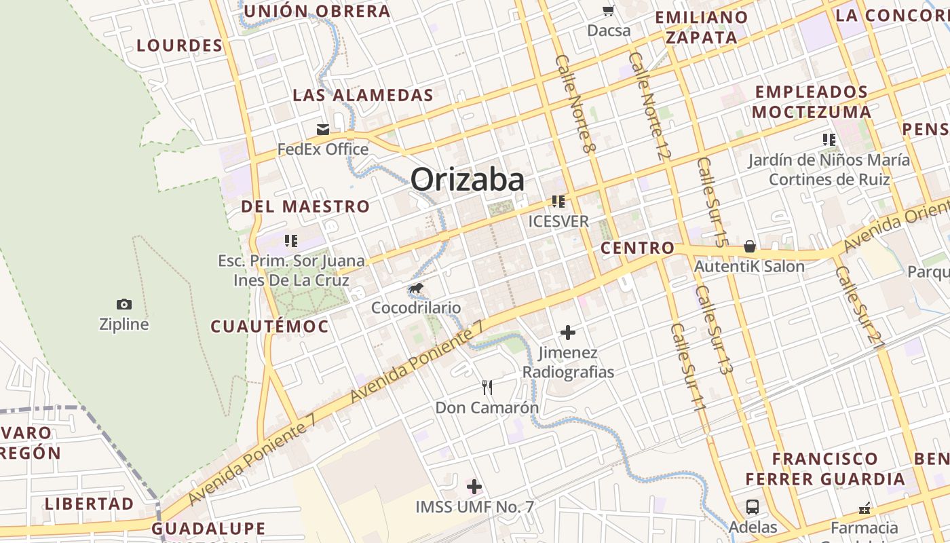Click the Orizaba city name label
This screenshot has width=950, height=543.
467,180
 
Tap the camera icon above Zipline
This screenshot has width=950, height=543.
124,304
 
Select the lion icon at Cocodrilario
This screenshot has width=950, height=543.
416,289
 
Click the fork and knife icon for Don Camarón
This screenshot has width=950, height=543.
487,388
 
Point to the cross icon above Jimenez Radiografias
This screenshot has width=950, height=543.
568,333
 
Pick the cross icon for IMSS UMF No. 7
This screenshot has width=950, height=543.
474,487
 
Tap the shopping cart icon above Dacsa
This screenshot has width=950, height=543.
609,10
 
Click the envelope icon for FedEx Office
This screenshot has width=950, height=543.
323,129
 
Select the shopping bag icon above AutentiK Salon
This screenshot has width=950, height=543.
749,246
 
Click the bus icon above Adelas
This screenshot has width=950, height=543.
753,506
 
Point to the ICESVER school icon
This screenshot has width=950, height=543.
558,202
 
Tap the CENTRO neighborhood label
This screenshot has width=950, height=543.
637,248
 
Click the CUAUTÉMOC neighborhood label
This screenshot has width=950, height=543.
269,326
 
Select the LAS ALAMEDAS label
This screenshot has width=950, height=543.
362,95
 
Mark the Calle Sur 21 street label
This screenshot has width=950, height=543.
860,307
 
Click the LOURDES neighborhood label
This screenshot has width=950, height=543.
179,45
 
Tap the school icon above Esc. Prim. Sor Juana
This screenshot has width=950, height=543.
291,240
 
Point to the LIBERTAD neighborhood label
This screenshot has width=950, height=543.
90,504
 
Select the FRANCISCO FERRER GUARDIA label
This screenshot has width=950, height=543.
825,469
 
